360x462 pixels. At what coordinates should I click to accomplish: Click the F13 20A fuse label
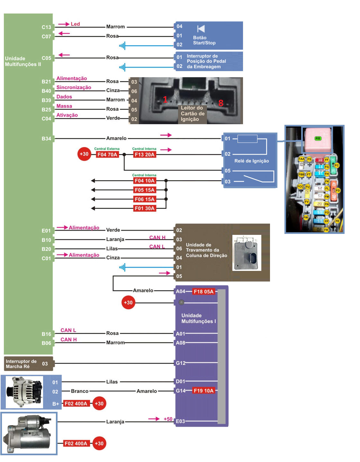(x=144, y=154)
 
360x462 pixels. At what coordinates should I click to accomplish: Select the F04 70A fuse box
(x=107, y=154)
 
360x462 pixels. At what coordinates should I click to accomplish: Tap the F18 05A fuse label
(x=203, y=291)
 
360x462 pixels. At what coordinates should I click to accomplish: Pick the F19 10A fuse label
(x=203, y=391)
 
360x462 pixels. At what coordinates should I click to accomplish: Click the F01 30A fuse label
(x=145, y=208)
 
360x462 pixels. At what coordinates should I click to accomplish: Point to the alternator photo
(x=24, y=392)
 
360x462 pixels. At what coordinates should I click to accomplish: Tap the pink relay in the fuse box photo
(x=318, y=140)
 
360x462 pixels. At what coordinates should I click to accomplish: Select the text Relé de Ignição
(x=251, y=161)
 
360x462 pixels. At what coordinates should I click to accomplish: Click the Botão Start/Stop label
(x=204, y=40)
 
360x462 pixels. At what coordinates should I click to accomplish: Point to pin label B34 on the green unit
(x=46, y=139)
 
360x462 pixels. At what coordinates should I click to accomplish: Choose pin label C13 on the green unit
(x=46, y=27)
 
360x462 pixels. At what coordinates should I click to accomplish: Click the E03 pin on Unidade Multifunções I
(x=180, y=421)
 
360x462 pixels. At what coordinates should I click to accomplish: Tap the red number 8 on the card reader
(x=221, y=103)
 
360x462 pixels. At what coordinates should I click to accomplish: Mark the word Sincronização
(x=74, y=88)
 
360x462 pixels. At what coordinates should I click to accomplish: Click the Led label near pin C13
(x=75, y=24)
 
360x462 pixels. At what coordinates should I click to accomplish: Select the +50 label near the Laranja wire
(x=168, y=419)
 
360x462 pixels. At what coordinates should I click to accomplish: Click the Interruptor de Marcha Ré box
(x=28, y=364)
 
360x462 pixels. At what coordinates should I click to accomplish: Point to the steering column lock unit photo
(x=247, y=253)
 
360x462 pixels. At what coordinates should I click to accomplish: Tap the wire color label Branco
(x=80, y=391)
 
